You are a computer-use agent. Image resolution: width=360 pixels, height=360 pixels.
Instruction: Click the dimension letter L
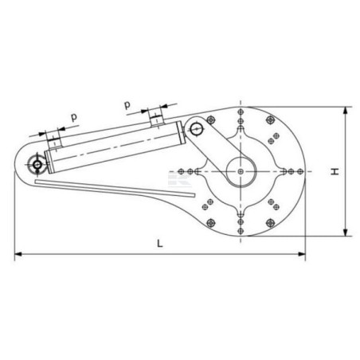pyautogui.click(x=159, y=243)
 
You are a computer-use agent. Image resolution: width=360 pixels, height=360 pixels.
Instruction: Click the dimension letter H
pyautogui.click(x=335, y=171)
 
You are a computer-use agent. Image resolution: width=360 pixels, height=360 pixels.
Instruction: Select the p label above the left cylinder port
pyautogui.click(x=74, y=117)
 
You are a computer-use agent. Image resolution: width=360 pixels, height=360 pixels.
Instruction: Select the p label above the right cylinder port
pyautogui.click(x=127, y=105)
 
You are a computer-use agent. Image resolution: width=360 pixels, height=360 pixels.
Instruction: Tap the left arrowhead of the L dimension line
pyautogui.click(x=18, y=254)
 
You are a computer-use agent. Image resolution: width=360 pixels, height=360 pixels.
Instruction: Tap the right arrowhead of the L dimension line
pyautogui.click(x=302, y=254)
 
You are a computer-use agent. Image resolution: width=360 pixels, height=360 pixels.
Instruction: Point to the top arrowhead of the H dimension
pyautogui.click(x=345, y=111)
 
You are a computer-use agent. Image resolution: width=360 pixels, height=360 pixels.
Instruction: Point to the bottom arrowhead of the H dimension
pyautogui.click(x=345, y=232)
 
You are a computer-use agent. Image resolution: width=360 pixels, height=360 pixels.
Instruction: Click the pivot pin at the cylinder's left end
pyautogui.click(x=37, y=165)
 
